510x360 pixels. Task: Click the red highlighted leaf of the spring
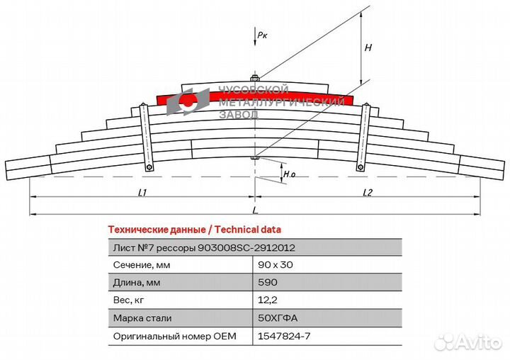pyautogui.click(x=255, y=97)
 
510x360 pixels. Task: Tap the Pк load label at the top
pyautogui.click(x=262, y=35)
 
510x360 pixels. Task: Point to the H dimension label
pyautogui.click(x=368, y=48)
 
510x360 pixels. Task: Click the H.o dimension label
pyautogui.click(x=289, y=174)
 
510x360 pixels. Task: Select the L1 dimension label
pyautogui.click(x=142, y=193)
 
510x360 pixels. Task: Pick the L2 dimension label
pyautogui.click(x=367, y=193)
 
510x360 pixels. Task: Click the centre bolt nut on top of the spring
pyautogui.click(x=255, y=78)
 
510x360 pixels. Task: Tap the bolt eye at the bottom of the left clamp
pyautogui.click(x=149, y=168)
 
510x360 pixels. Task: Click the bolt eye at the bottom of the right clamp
pyautogui.click(x=360, y=168)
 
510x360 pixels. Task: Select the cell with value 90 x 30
pyautogui.click(x=275, y=265)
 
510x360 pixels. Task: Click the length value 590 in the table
pyautogui.click(x=267, y=282)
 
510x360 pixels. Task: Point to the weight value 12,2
pyautogui.click(x=267, y=300)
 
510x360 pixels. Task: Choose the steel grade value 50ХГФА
pyautogui.click(x=278, y=318)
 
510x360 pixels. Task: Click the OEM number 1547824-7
pyautogui.click(x=284, y=336)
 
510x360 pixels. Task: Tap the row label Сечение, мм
pyautogui.click(x=142, y=265)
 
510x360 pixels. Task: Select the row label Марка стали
pyautogui.click(x=142, y=318)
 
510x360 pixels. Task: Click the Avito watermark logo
pyautogui.click(x=468, y=342)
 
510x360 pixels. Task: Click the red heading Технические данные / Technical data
pyautogui.click(x=195, y=230)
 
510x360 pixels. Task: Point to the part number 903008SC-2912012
pyautogui.click(x=246, y=248)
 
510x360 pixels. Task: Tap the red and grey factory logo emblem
pyautogui.click(x=188, y=101)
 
